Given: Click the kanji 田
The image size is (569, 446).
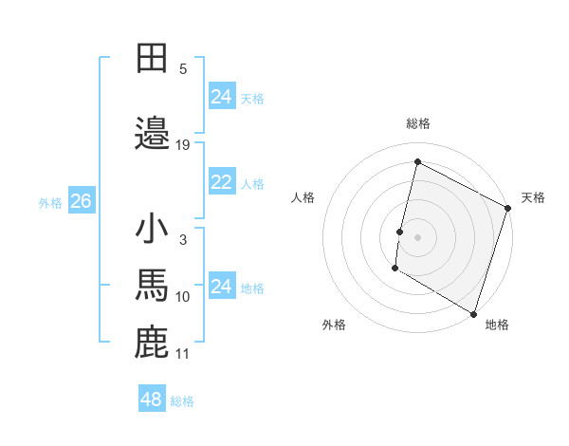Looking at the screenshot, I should (153, 58).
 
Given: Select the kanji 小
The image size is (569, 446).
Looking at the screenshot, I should (153, 230).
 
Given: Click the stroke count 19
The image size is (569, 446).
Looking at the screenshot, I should (183, 145).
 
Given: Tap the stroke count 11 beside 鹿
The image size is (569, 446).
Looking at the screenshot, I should (183, 354).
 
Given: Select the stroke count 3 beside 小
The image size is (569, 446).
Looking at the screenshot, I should (183, 240).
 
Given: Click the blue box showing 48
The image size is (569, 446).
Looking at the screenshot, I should (152, 400).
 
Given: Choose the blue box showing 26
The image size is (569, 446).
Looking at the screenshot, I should (81, 201).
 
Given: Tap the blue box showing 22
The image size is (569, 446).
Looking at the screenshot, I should (221, 182).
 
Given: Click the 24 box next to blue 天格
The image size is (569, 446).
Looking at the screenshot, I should (221, 97).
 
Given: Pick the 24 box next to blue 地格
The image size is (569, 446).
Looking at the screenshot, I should (221, 287).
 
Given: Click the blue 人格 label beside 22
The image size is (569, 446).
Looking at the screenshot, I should (252, 184).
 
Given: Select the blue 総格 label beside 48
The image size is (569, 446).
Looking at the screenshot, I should (182, 401).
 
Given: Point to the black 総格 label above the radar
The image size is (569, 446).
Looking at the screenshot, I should (417, 123).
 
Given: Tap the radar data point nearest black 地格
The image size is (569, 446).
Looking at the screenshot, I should (473, 313).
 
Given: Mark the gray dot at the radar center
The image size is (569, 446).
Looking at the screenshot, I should (417, 236).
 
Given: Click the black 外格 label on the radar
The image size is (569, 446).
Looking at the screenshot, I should (334, 325).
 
